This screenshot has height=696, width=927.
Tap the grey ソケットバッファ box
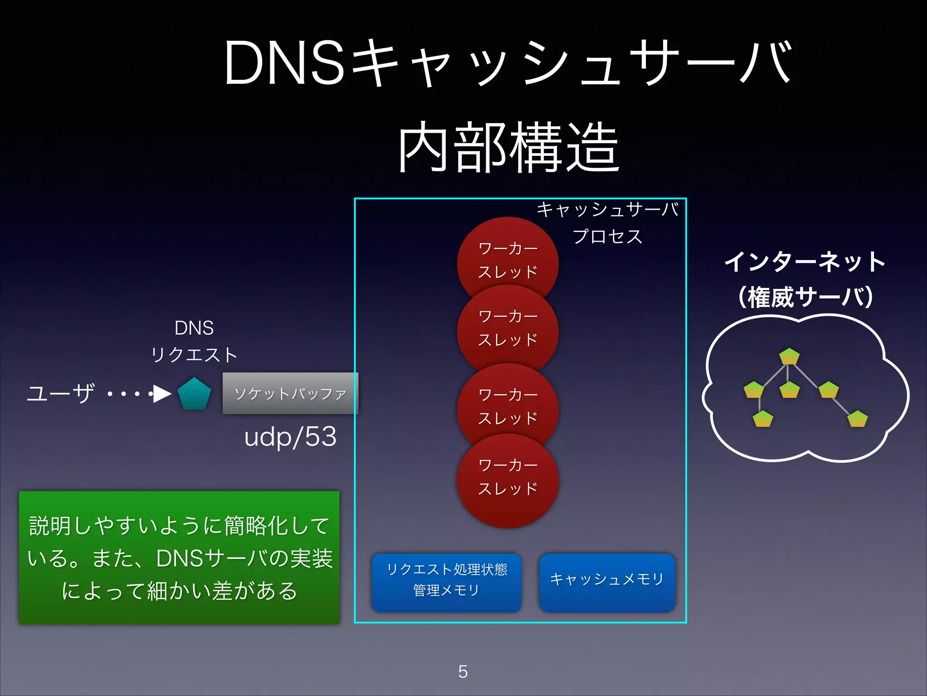[290, 393]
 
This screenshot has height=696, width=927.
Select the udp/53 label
[290, 437]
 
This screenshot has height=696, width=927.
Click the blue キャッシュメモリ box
[607, 582]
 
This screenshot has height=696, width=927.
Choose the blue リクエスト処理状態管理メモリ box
[446, 582]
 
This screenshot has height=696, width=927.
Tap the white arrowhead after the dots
[162, 394]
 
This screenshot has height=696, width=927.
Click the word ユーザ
[61, 393]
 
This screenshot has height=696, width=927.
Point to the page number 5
[463, 672]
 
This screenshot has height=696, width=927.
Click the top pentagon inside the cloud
[789, 356]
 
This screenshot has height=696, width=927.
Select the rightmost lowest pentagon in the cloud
[857, 419]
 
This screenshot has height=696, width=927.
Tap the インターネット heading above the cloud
[805, 262]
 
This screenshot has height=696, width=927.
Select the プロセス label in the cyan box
[607, 237]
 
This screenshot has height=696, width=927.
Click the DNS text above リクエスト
[194, 328]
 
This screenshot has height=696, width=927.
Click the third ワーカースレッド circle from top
[507, 407]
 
